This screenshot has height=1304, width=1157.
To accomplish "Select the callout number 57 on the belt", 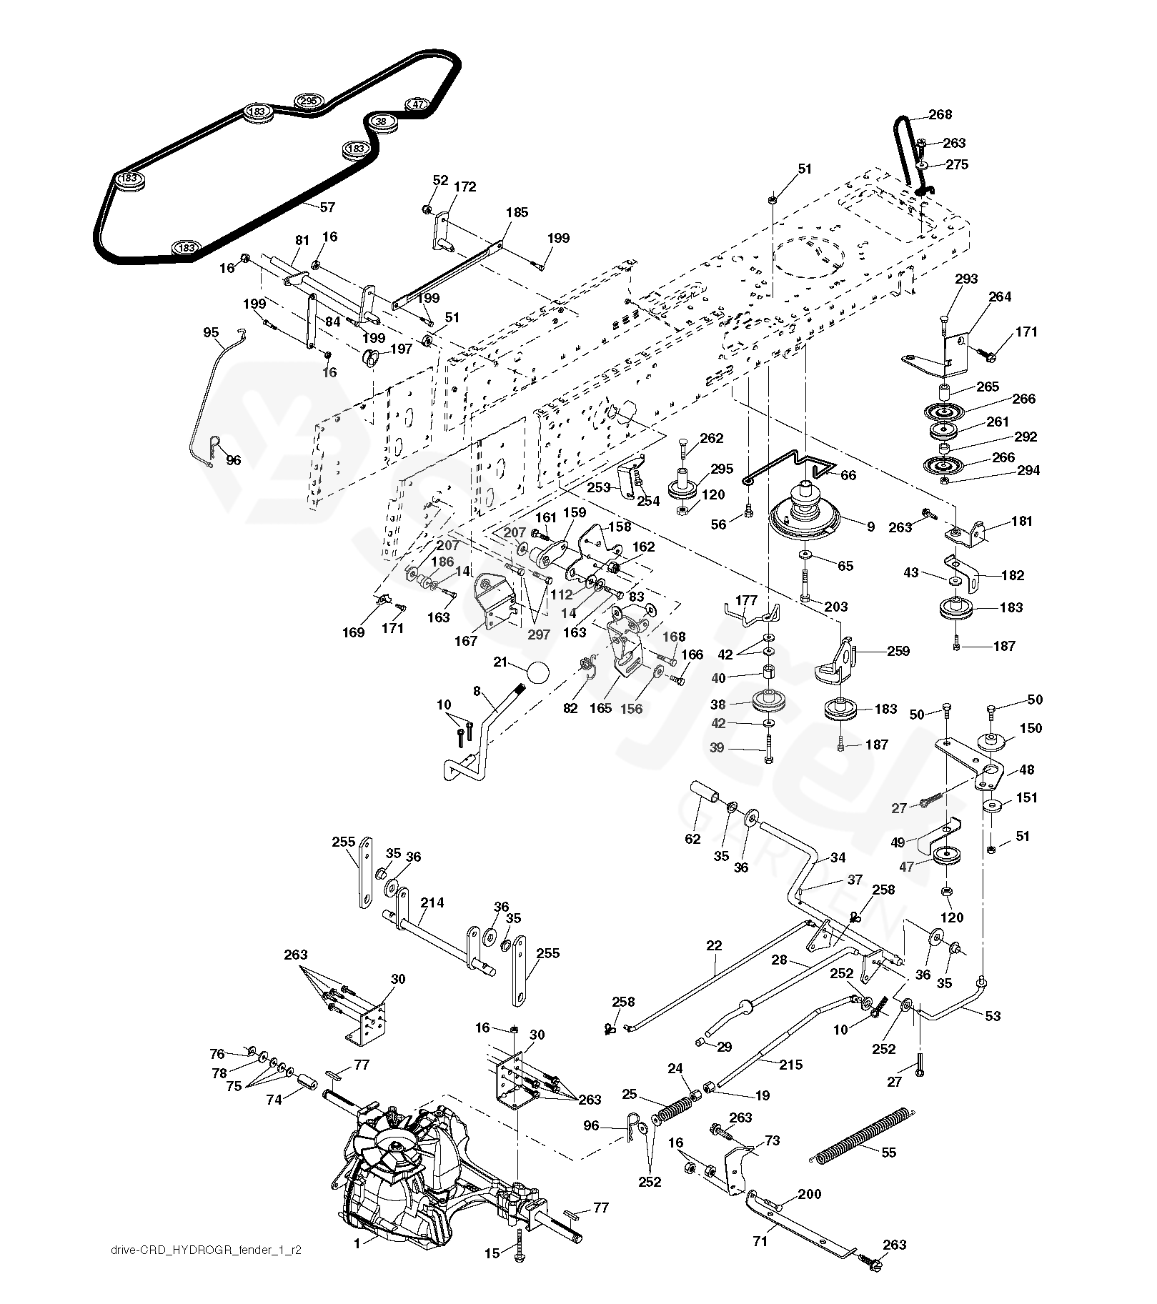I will [327, 207].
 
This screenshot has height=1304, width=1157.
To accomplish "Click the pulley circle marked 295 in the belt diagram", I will [308, 101].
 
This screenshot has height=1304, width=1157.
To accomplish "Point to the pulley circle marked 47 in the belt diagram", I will [419, 104].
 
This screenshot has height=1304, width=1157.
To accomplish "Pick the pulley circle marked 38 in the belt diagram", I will [381, 121].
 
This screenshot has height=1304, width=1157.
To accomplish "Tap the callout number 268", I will [940, 114].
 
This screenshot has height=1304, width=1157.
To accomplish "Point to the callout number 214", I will [432, 902].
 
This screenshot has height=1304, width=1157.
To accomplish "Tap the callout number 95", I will [212, 332].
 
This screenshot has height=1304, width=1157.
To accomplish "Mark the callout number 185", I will [517, 212].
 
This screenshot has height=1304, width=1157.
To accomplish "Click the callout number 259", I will [898, 650].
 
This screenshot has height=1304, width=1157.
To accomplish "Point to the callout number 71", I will [760, 1241].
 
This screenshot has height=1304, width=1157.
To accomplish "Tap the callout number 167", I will [466, 641].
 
